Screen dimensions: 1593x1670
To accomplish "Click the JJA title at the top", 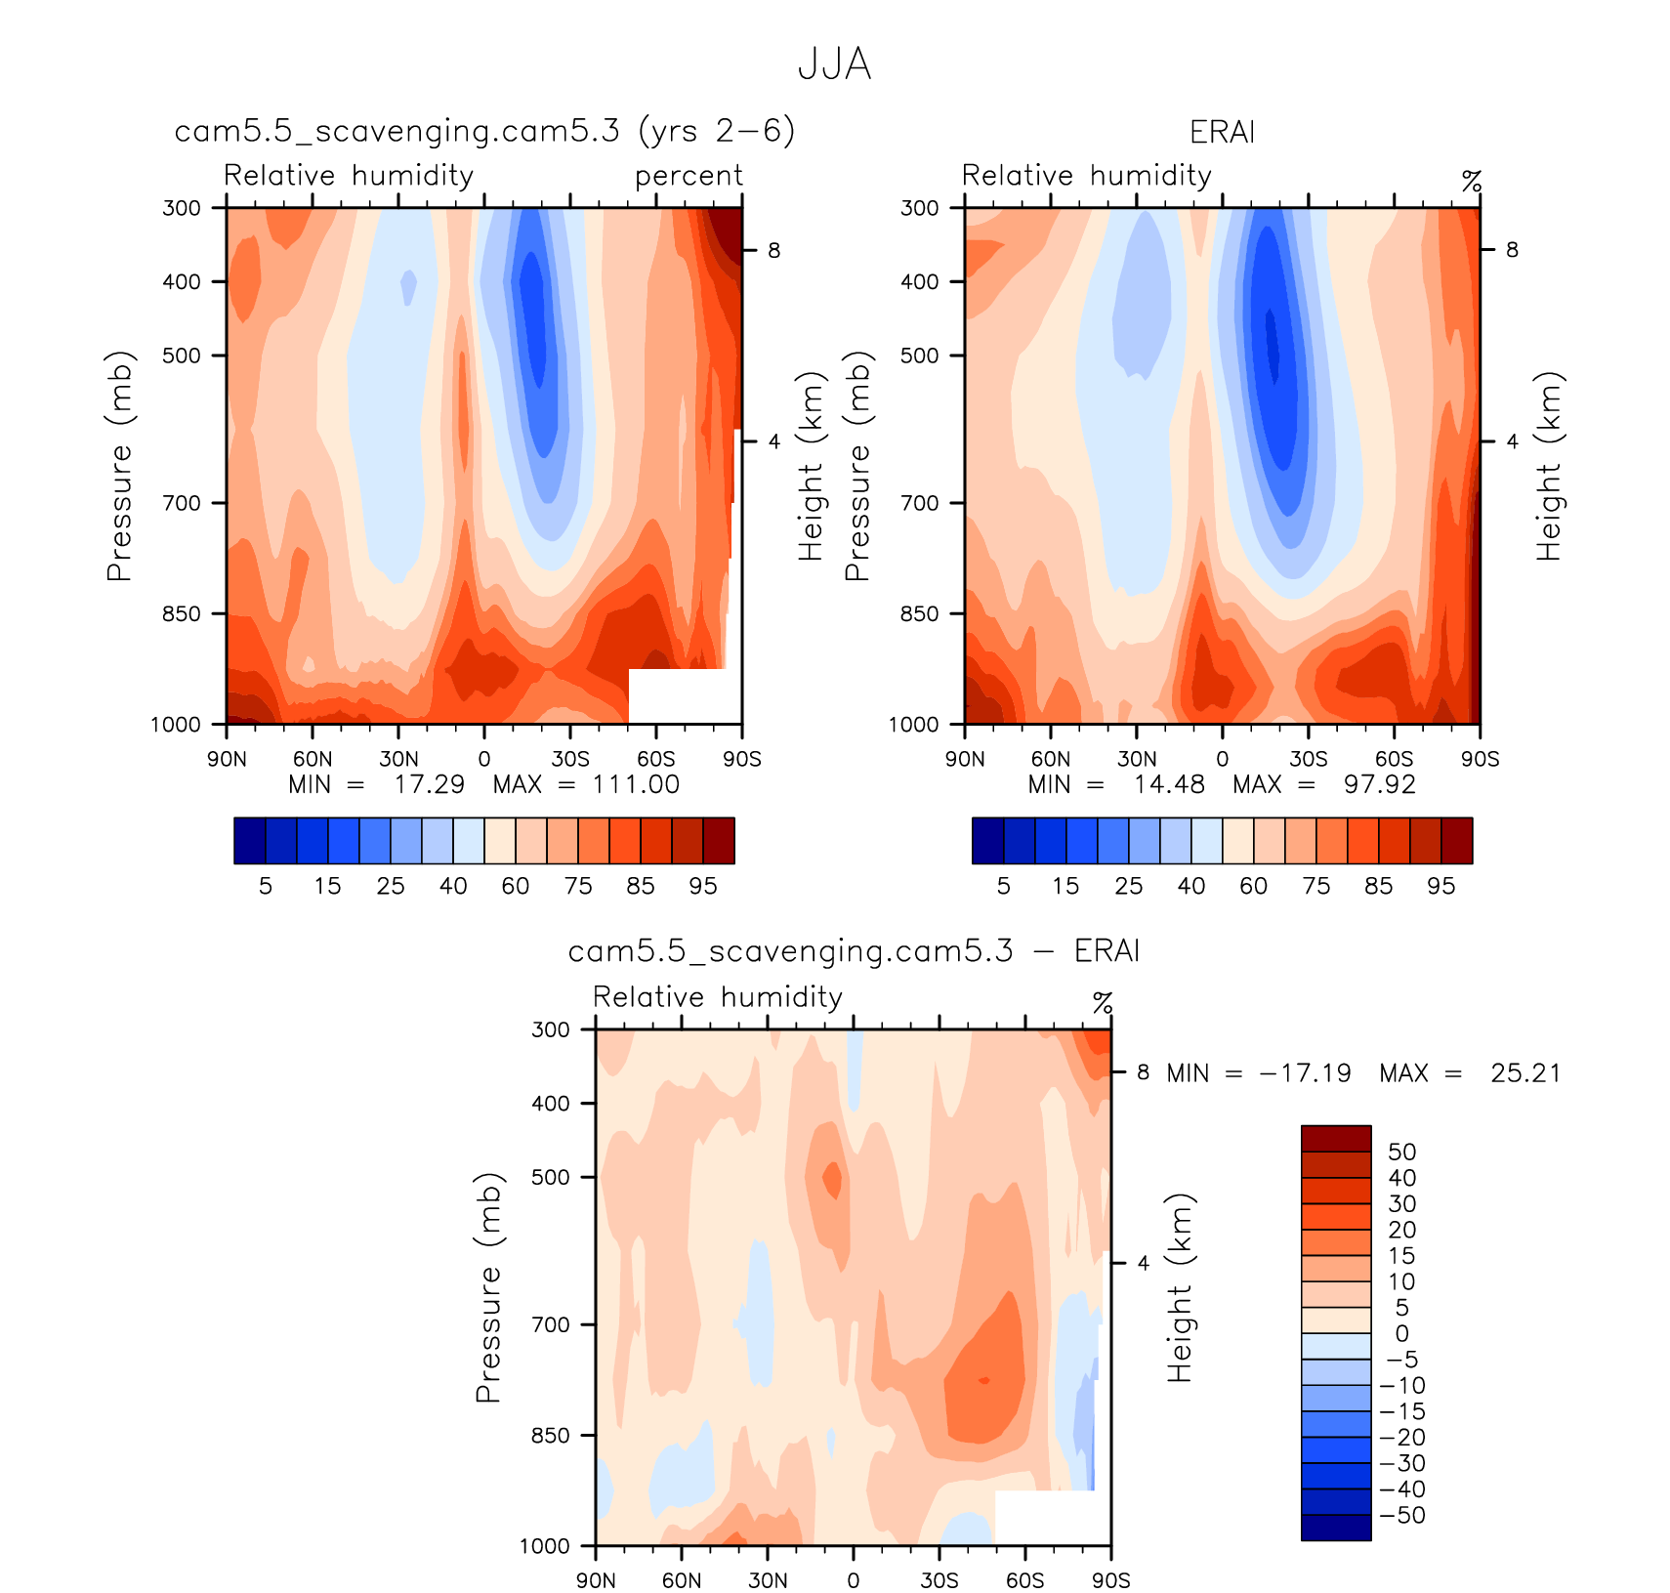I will pos(834,64).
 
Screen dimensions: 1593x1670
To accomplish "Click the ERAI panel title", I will pos(1222,132).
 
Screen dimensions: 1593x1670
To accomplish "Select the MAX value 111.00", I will pos(636,784).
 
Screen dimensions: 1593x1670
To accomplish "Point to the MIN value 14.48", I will pos(1169,784).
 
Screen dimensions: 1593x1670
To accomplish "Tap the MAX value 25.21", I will pos(1525,1073).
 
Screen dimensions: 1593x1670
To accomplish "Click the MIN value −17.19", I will pos(1306,1073).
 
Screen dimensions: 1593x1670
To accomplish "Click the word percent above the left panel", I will pos(689,176).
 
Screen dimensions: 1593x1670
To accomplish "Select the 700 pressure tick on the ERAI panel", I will pos(919,503).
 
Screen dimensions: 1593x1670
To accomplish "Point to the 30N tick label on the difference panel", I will pos(768,1580).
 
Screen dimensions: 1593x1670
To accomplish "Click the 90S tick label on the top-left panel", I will pos(742,759).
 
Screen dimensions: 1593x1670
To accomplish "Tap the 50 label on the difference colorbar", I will pos(1401,1152).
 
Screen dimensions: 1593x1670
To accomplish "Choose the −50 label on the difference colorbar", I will pos(1402,1515).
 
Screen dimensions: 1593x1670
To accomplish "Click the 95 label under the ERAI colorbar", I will pos(1440,886).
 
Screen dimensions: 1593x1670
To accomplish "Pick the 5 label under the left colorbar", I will pos(266,886).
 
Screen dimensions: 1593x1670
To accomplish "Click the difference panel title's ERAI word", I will pos(1106,951).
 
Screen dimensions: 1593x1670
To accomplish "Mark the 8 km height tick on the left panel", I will pos(773,251).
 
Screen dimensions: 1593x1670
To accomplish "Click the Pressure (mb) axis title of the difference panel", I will pos(487,1287).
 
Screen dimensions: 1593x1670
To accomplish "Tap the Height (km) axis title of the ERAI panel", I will pos(1548,466).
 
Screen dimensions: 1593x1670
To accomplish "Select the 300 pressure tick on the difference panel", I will pos(550,1029).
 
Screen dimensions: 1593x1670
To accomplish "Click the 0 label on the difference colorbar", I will pos(1401,1333).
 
